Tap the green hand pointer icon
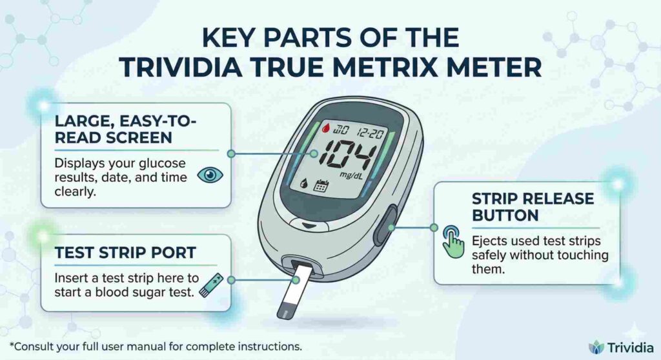click(x=453, y=243)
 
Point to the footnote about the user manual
click(x=155, y=346)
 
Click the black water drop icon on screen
click(x=303, y=183)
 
